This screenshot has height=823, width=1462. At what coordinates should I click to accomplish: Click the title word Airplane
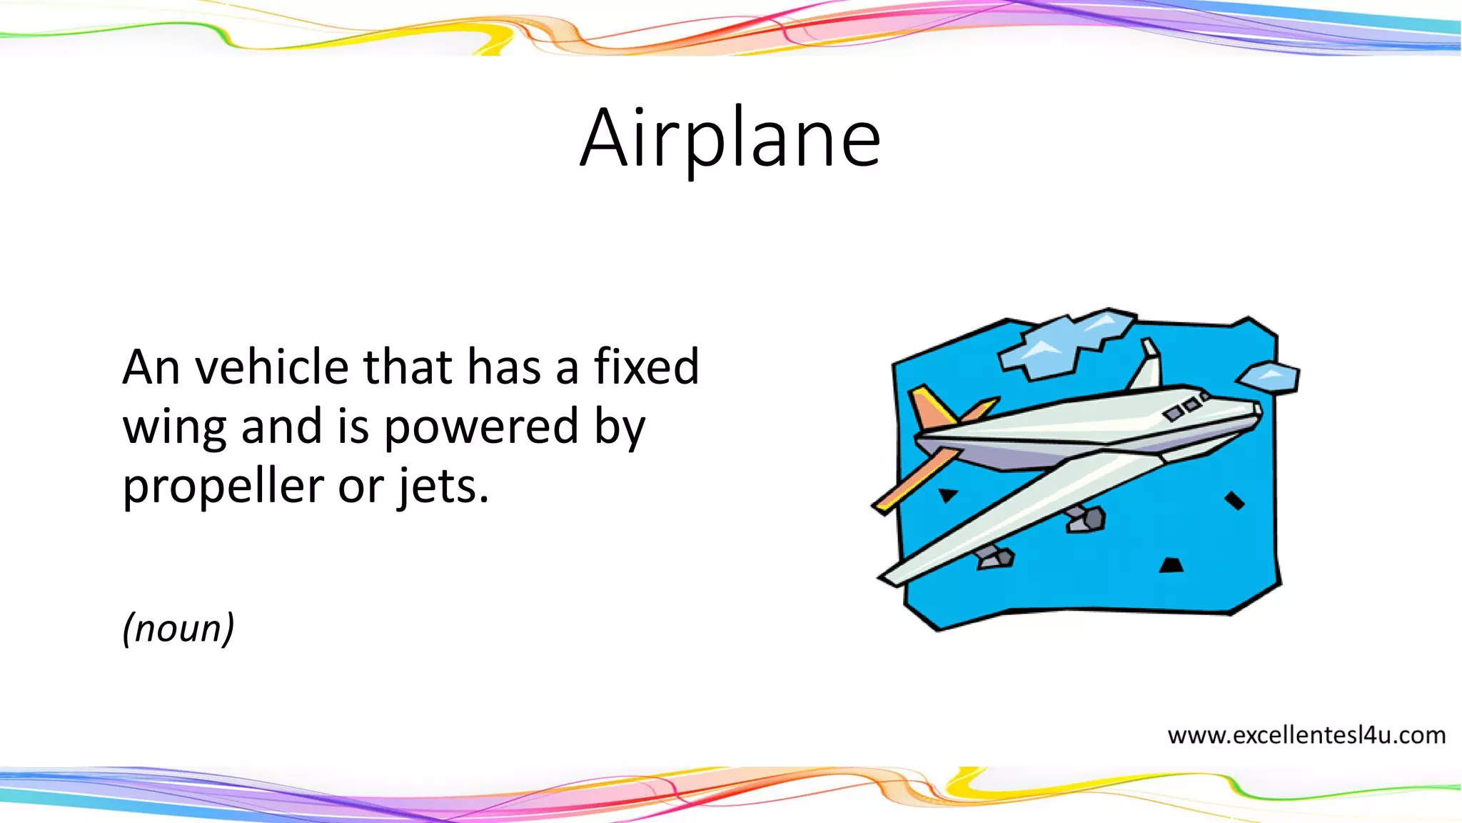point(730,139)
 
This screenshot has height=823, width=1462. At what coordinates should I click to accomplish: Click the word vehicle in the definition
point(273,367)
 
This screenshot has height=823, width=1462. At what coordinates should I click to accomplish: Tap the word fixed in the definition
point(646,367)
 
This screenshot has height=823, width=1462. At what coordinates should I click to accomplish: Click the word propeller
point(223,487)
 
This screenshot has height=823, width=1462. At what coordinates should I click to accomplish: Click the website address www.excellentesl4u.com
point(1306,735)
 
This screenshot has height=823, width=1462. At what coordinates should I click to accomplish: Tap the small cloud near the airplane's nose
point(1269,376)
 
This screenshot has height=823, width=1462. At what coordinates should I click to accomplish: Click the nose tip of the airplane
point(1257,410)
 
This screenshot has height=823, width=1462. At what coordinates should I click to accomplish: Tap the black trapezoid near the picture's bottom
point(1171,566)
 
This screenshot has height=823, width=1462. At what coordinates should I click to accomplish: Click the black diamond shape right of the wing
point(1234,501)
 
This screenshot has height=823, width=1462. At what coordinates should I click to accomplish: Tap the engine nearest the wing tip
point(995,557)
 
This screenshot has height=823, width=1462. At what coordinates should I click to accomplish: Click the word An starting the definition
point(151,367)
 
